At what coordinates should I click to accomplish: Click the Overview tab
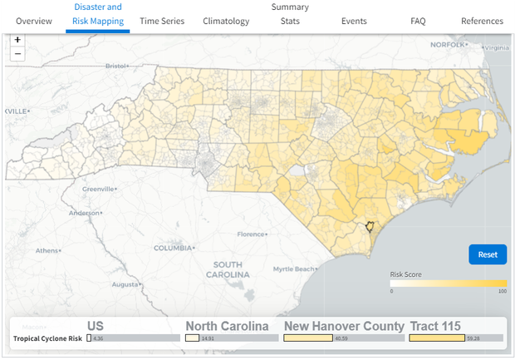click(34, 21)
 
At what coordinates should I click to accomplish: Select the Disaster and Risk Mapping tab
click(98, 14)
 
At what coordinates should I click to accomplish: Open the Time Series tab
click(162, 21)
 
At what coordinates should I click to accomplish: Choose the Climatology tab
click(226, 21)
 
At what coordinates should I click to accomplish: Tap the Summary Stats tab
click(290, 14)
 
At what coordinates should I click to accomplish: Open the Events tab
click(354, 21)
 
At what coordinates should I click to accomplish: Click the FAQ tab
click(418, 21)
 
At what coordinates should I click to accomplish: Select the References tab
click(482, 21)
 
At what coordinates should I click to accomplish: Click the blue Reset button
click(488, 254)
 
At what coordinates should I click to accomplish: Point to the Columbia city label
click(173, 248)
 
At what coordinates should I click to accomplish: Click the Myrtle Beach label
click(294, 269)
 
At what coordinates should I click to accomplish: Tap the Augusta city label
click(125, 284)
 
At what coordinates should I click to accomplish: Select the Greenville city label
click(98, 189)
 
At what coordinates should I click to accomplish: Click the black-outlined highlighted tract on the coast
click(370, 226)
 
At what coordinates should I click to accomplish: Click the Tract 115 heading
click(434, 326)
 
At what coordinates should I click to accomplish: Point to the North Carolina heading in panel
click(227, 326)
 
